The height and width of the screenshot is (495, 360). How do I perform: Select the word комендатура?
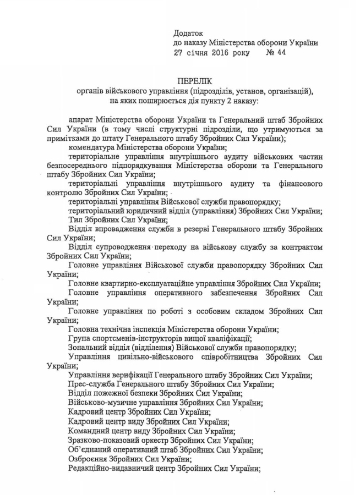[94, 147]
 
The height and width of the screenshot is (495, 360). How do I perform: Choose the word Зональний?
[89, 348]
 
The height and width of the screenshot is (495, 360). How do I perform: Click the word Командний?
[91, 431]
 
